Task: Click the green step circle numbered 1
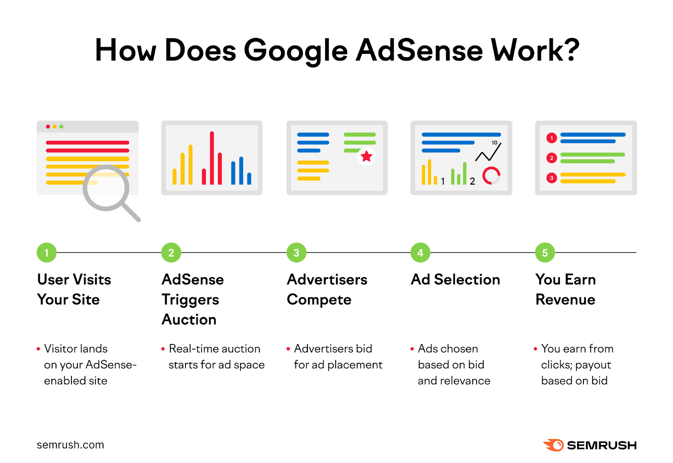pyautogui.click(x=47, y=253)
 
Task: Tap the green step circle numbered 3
pyautogui.click(x=297, y=253)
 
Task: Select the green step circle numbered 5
pyautogui.click(x=545, y=253)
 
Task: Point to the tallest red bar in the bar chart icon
pyautogui.click(x=212, y=158)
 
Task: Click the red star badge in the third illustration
pyautogui.click(x=366, y=156)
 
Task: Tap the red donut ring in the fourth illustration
pyautogui.click(x=491, y=176)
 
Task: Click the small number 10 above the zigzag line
pyautogui.click(x=495, y=143)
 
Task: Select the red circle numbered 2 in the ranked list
pyautogui.click(x=551, y=158)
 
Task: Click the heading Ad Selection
pyautogui.click(x=456, y=280)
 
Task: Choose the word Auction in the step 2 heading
pyautogui.click(x=189, y=320)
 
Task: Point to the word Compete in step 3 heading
pyautogui.click(x=319, y=300)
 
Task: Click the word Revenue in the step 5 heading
pyautogui.click(x=565, y=300)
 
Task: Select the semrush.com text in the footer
pyautogui.click(x=70, y=445)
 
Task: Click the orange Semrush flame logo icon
pyautogui.click(x=554, y=445)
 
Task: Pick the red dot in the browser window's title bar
pyautogui.click(x=48, y=127)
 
